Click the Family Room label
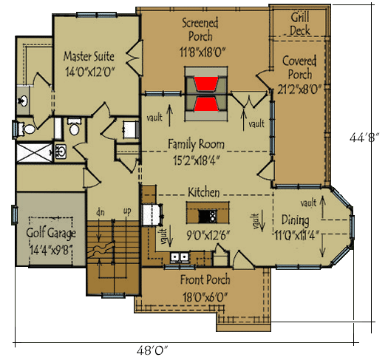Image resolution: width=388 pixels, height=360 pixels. [x=196, y=143]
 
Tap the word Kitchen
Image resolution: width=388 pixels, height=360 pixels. [x=203, y=192]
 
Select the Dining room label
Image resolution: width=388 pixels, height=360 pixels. [x=299, y=220]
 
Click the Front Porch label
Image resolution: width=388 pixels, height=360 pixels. [x=205, y=280]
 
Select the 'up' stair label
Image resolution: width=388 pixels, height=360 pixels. [x=126, y=212]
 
